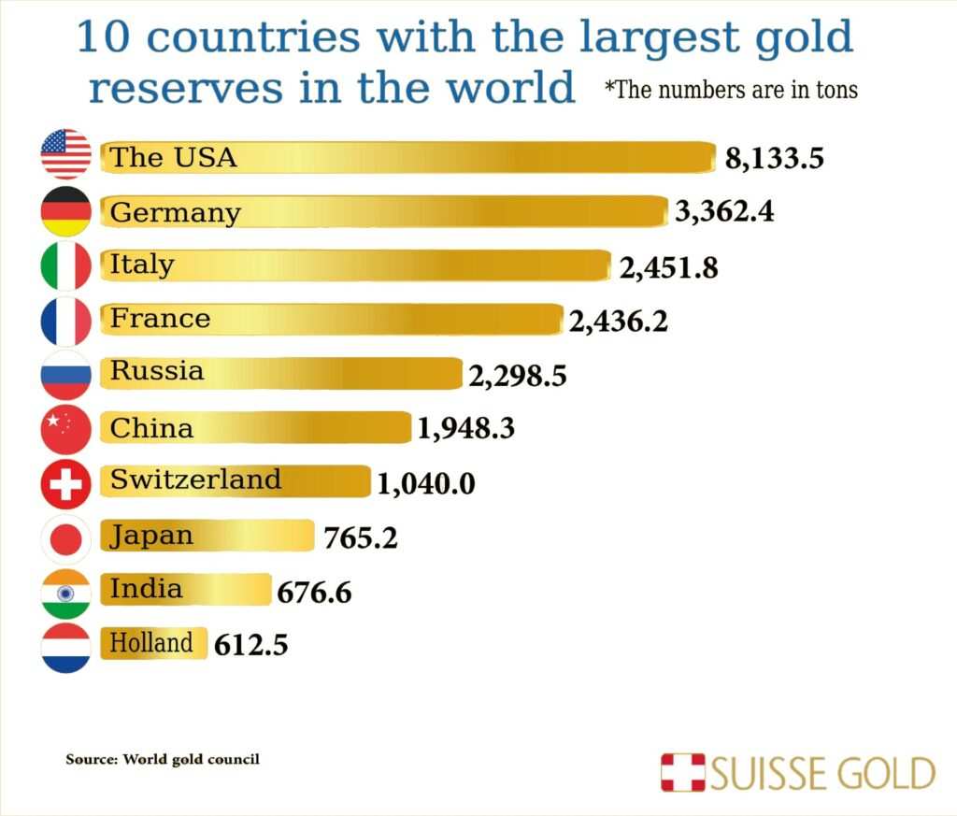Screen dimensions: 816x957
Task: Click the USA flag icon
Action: [66, 155]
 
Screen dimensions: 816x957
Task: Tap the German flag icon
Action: [66, 211]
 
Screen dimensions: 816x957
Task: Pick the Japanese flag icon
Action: [66, 538]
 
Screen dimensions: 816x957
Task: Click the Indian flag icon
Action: [66, 593]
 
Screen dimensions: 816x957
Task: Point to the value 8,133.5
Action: [774, 158]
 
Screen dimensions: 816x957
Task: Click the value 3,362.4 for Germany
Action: [724, 212]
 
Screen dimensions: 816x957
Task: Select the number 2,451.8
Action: [669, 268]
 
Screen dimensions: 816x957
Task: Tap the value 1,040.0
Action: [426, 483]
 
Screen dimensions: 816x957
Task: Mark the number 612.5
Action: [250, 645]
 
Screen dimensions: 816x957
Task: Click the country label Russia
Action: [156, 371]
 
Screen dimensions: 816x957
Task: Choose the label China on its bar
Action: [151, 428]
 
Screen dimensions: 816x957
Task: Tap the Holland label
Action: [151, 643]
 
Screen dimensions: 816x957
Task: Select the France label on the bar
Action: [160, 319]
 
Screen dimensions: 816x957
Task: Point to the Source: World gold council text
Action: [163, 759]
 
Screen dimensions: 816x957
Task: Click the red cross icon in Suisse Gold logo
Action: [683, 773]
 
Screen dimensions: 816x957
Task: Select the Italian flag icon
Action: [66, 265]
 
